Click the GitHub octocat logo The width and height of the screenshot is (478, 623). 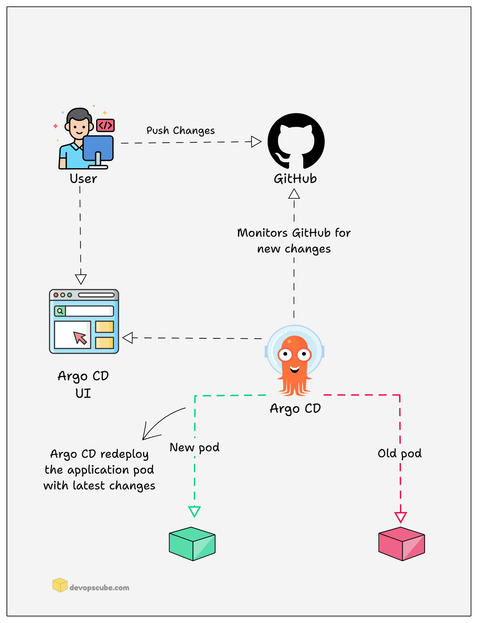[296, 142]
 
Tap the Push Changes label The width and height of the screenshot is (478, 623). [181, 131]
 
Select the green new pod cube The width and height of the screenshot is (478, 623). [192, 544]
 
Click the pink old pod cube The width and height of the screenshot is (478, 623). [401, 544]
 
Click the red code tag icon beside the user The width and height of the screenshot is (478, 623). [105, 125]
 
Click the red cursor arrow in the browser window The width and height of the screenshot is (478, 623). [80, 338]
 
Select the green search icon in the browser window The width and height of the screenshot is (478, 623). [60, 311]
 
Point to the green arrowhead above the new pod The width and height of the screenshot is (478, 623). [194, 511]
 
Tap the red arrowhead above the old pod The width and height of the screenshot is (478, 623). [401, 517]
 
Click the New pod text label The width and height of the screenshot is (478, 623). [195, 448]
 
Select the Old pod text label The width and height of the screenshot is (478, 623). [400, 453]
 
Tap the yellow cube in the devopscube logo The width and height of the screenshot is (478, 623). [60, 585]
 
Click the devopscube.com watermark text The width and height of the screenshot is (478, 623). [99, 588]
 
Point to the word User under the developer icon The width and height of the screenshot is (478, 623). [83, 179]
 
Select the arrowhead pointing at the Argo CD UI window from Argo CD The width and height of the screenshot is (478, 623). [128, 338]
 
